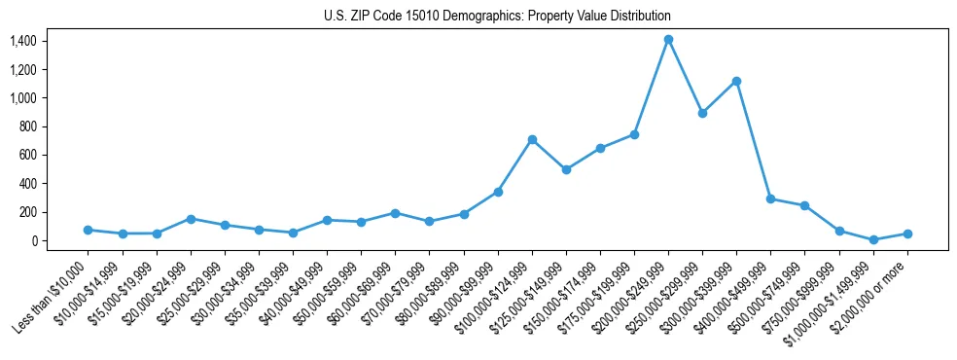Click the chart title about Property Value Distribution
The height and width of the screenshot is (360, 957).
(x=497, y=17)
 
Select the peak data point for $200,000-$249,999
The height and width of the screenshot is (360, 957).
(x=668, y=40)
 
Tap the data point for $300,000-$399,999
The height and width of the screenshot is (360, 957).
(x=736, y=81)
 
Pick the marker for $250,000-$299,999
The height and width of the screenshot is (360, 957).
(x=702, y=113)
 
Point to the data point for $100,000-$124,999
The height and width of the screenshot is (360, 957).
(x=532, y=139)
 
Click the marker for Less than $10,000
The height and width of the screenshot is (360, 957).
(x=88, y=230)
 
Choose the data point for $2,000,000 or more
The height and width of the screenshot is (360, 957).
(x=907, y=234)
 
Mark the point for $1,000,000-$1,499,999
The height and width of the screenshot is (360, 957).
(x=873, y=239)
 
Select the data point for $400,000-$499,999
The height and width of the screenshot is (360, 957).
(x=770, y=198)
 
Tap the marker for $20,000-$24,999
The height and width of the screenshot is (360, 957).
(x=191, y=219)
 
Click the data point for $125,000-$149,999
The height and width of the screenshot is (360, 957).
(x=566, y=169)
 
